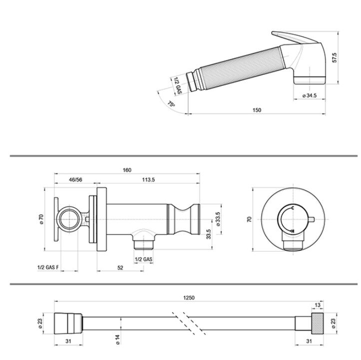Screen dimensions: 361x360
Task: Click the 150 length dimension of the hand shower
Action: [257, 110]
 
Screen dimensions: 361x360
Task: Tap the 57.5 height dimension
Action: [335, 57]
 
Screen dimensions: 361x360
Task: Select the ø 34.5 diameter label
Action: [310, 95]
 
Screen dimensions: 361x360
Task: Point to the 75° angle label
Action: [171, 104]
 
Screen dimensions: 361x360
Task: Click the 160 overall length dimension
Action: [127, 170]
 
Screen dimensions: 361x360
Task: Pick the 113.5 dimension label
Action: [148, 180]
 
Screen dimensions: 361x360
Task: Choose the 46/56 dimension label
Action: [75, 180]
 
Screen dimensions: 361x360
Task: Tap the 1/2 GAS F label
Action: [48, 268]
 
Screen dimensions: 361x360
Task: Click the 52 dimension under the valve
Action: [120, 268]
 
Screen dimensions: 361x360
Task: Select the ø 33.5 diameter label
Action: [218, 219]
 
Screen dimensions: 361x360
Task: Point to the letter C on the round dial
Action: [293, 208]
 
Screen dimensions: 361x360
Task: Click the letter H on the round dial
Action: [293, 231]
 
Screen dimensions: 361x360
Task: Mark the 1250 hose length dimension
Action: [189, 298]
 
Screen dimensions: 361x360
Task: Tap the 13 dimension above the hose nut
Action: [318, 305]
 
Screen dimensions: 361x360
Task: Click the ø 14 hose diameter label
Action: [118, 340]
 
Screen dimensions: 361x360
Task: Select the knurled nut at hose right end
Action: [318, 323]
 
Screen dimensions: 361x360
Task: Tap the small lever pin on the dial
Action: [311, 219]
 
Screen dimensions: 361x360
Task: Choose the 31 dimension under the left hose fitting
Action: [68, 341]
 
